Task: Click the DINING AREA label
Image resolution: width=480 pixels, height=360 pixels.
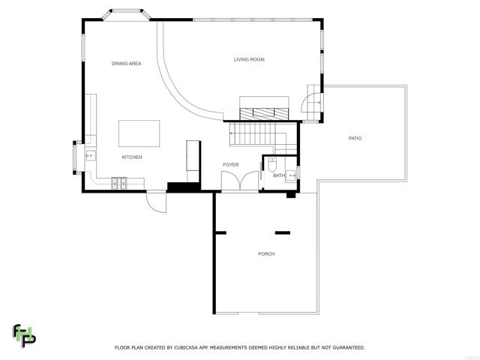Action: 127,64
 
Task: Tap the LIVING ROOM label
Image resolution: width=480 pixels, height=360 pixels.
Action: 249,59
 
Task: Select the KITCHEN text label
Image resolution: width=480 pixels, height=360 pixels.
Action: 132,157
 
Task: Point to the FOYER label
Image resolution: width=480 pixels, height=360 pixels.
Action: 231,165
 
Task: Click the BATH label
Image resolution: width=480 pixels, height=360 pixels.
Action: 279,175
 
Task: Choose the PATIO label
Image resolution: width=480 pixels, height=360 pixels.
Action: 355,138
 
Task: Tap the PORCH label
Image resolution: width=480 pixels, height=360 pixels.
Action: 266,253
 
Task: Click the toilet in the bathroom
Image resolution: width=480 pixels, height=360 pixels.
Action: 272,165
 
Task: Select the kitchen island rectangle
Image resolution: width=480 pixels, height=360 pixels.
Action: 139,133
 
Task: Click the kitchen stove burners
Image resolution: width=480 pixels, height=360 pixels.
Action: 118,183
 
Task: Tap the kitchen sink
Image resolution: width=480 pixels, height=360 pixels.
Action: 90,156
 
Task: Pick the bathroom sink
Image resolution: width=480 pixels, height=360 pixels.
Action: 291,175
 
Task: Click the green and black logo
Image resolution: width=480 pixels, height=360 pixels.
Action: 24,336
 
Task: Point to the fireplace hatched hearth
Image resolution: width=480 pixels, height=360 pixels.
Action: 264,114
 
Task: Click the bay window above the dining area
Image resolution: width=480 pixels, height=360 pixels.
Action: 126,13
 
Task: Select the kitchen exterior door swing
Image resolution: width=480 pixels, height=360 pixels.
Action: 157,202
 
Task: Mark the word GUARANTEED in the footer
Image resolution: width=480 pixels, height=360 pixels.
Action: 348,348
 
